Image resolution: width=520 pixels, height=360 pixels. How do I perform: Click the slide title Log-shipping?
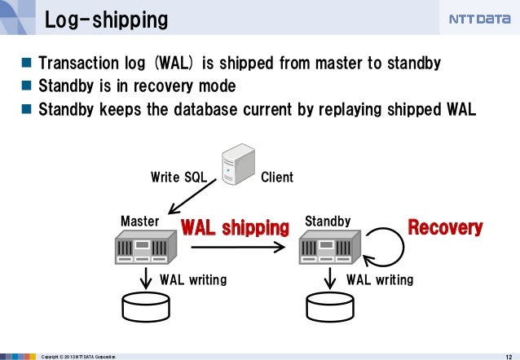pos(105,19)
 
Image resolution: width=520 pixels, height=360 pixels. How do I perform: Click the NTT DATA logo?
pos(479,19)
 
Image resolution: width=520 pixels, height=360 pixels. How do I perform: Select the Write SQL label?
pos(178,177)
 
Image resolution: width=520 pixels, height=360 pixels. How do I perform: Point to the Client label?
pos(276,177)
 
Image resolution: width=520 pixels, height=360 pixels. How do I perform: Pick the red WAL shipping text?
pos(235,226)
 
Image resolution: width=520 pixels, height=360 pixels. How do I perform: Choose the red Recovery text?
pos(445,227)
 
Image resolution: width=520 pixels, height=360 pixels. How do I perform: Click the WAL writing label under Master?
pos(193,280)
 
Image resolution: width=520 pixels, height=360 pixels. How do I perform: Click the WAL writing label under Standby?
pos(380,280)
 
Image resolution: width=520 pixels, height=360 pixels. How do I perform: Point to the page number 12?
pos(509,354)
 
